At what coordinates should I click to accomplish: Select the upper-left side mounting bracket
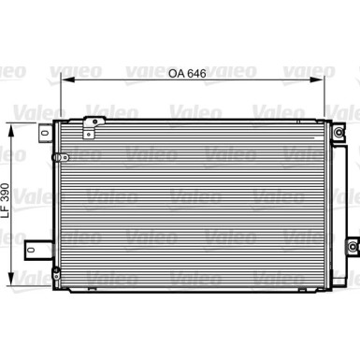click(44, 134)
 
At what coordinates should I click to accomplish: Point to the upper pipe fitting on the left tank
click(59, 154)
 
